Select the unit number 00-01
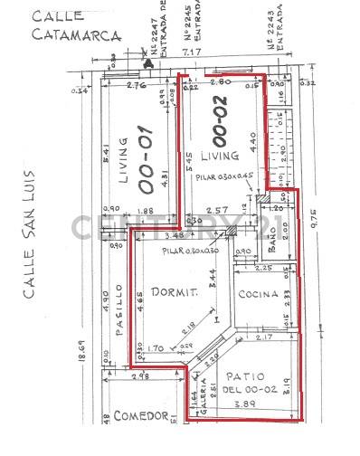tap(147, 161)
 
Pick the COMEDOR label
tap(144, 416)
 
